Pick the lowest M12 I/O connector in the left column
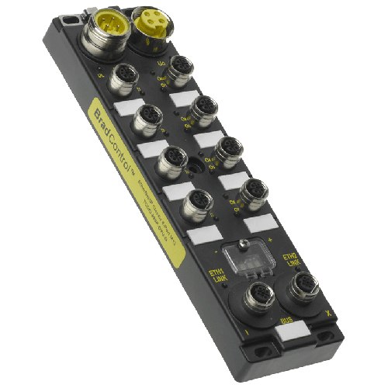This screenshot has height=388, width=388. [x=193, y=206]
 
